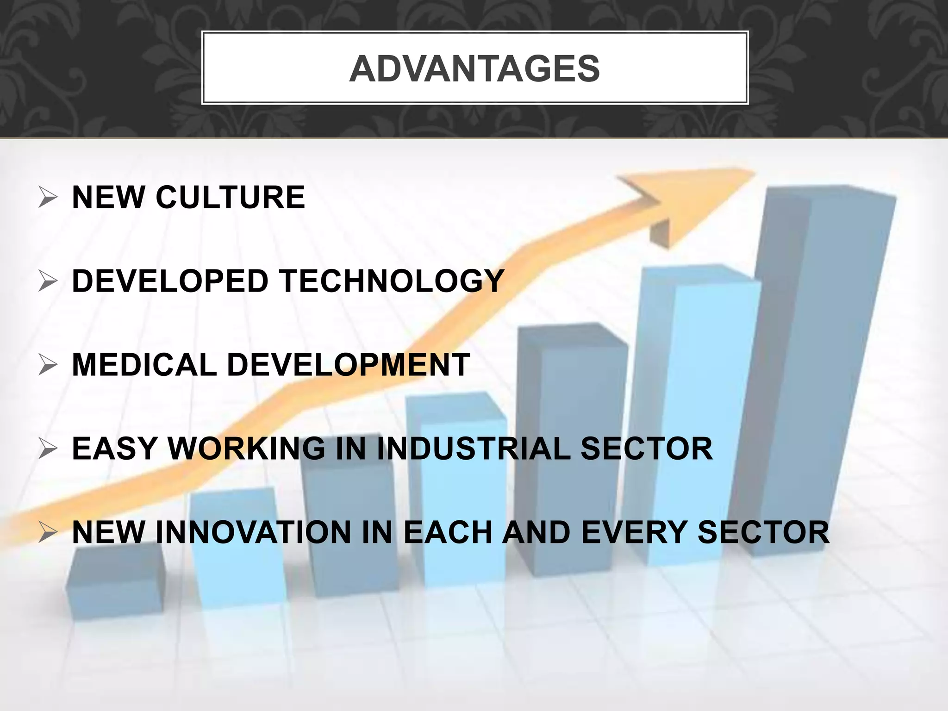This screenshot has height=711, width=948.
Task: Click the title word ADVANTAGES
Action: coord(474,69)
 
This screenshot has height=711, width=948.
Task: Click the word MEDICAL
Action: coord(144,365)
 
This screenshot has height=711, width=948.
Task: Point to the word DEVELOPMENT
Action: coord(349,365)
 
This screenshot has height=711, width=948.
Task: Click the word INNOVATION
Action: coord(254,532)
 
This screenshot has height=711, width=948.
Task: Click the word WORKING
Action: coord(246,449)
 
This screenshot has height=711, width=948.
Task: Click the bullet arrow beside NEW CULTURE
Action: coord(48,198)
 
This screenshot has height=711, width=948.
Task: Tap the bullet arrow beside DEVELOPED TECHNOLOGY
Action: coord(48,282)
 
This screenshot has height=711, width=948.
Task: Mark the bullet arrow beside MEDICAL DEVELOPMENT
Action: coord(48,366)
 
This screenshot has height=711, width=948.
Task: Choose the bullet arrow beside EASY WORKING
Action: coord(48,449)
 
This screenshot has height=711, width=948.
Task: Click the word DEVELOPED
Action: coord(170,281)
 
